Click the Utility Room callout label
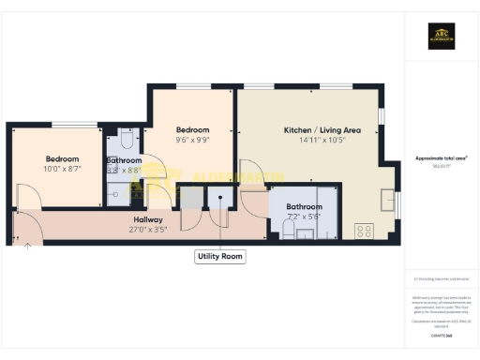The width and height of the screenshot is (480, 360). pos(220,255)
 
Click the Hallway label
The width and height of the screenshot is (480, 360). pos(149,219)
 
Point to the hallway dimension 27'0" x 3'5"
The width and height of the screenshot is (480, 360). pos(149,228)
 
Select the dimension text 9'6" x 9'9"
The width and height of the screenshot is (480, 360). pos(193,141)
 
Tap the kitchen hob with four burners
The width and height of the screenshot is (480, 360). pos(365,230)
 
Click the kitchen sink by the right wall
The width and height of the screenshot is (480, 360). pos(389,199)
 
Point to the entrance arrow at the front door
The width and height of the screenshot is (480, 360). pos(27,247)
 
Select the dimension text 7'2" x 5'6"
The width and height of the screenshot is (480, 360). pos(305,215)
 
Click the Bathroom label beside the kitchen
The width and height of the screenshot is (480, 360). pos(305,205)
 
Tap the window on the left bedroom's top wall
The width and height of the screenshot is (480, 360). pos(73,124)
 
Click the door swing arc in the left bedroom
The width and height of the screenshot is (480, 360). pos(28,195)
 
